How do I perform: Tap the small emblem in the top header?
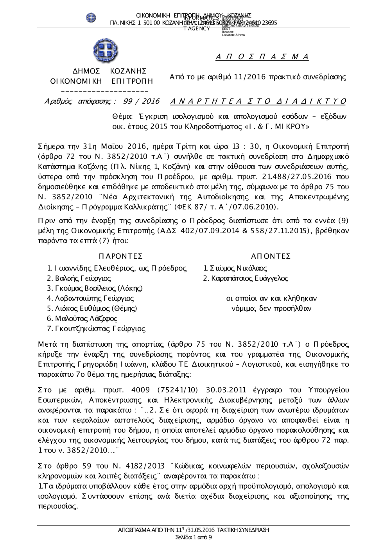tap(91, 17)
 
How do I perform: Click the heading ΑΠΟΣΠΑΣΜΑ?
tap(262, 57)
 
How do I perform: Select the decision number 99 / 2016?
tap(141, 102)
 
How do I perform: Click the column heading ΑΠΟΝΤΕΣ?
tap(271, 256)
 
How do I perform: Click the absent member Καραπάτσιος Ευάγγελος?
tap(249, 279)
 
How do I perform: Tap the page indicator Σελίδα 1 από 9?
tap(194, 537)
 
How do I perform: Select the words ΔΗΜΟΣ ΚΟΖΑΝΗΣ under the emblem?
tap(110, 71)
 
